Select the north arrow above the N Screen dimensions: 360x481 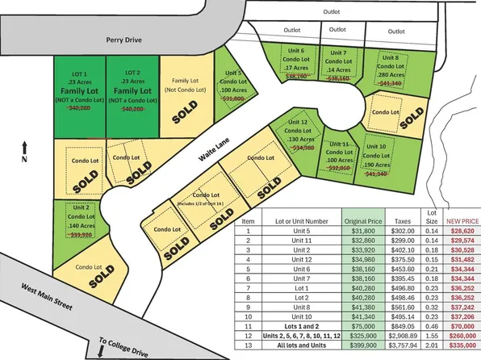pyautogui.click(x=26, y=145)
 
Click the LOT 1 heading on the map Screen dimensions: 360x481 pyautogui.click(x=78, y=73)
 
